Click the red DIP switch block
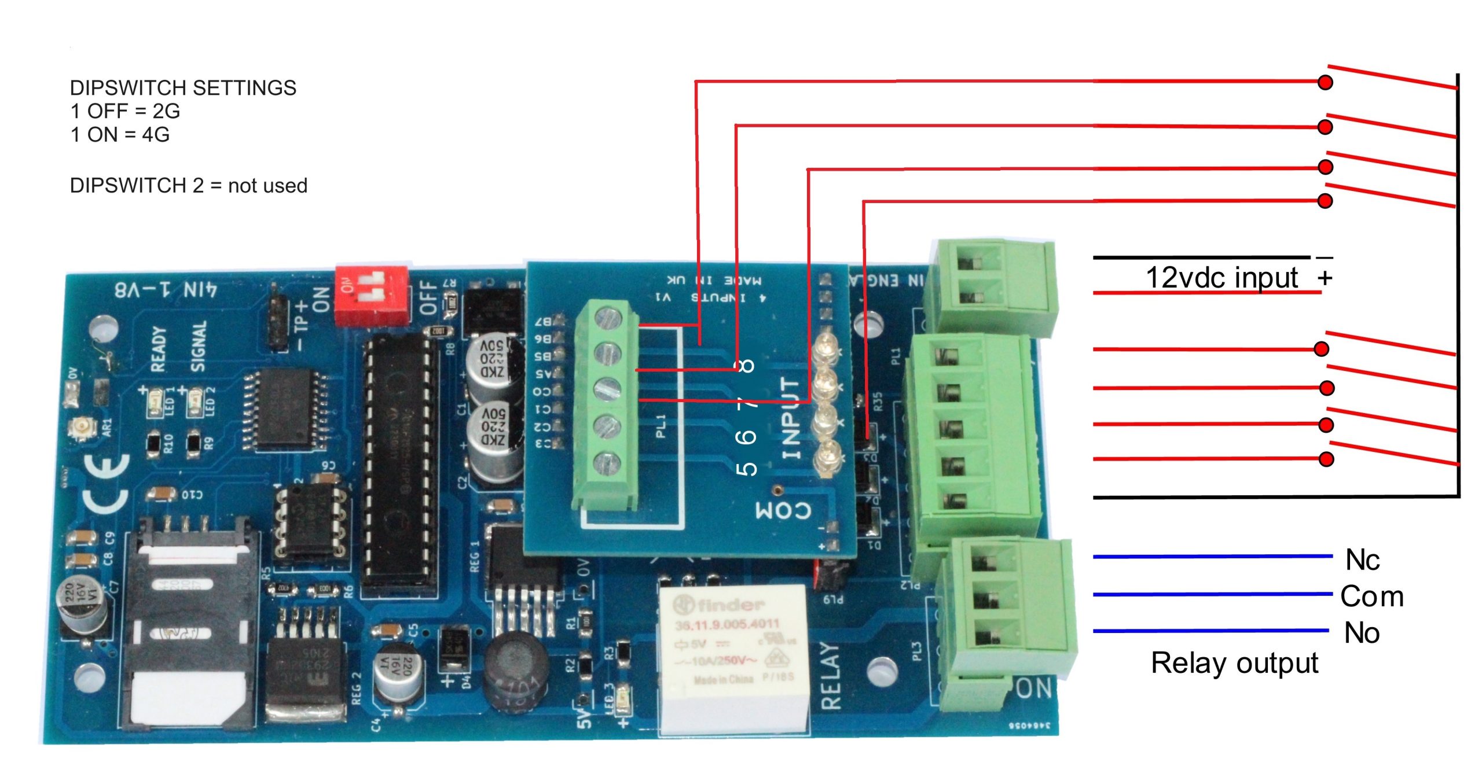click(372, 294)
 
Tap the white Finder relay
click(733, 657)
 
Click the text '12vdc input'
click(1221, 278)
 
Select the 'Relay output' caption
click(1234, 662)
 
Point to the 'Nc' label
click(1362, 559)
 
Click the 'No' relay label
click(1362, 632)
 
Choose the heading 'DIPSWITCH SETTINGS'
click(183, 88)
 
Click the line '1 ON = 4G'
click(120, 135)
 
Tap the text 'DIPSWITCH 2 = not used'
click(188, 186)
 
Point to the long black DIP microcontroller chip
click(399, 463)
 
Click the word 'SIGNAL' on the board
click(198, 347)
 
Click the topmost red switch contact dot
click(1325, 82)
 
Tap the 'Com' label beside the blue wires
click(1371, 596)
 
